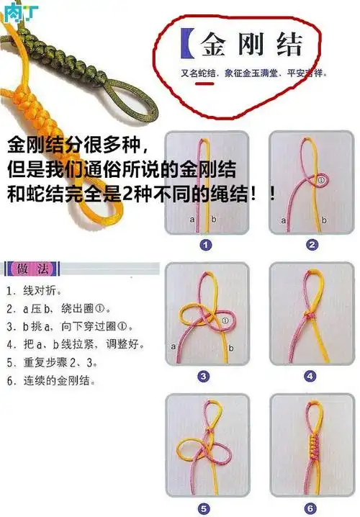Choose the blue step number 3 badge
[204, 376]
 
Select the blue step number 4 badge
[311, 376]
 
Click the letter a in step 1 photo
[192, 217]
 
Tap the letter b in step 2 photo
[324, 219]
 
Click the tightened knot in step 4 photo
[310, 316]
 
